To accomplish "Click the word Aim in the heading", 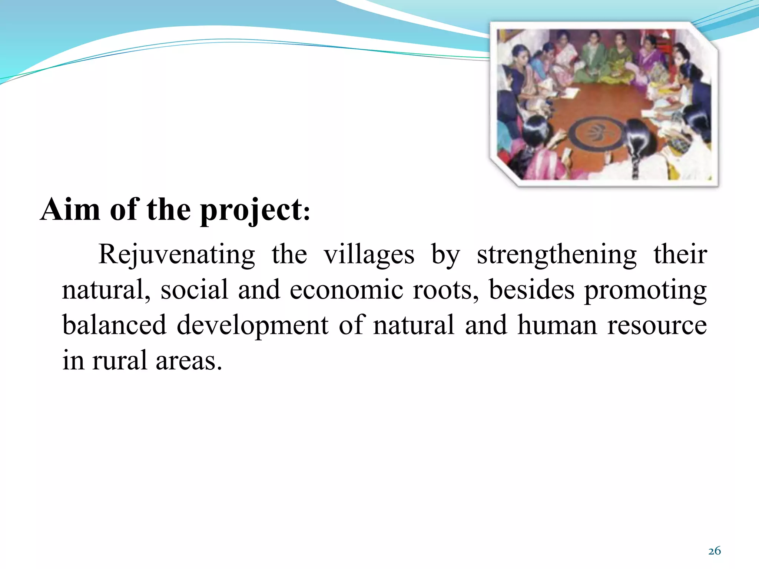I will [70, 210].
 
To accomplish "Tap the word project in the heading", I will [251, 211].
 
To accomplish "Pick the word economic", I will [346, 290].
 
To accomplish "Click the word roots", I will [445, 290].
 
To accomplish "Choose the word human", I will [557, 325].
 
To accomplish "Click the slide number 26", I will [714, 551].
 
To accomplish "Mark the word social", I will [194, 290].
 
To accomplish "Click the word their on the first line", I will [680, 255].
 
